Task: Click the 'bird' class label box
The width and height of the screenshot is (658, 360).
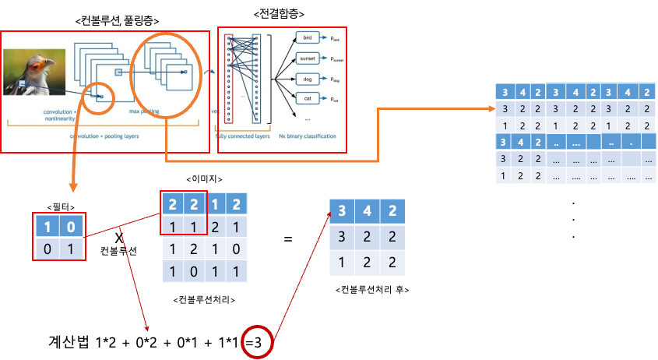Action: coord(308,37)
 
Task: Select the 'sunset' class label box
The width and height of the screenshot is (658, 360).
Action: coord(308,58)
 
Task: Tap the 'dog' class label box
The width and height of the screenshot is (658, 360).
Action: coord(308,79)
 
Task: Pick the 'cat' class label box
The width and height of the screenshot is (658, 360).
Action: coord(308,99)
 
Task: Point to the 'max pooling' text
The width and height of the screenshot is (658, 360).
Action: coord(146,112)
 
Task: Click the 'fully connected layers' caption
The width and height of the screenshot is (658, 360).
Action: coord(242,136)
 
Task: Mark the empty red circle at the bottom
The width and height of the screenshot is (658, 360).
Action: coord(257,342)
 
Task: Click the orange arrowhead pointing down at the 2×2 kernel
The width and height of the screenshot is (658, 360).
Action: coord(73,187)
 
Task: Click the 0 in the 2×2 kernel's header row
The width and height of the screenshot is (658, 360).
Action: coord(71,227)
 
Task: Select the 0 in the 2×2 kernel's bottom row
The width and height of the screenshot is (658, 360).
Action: coord(48,249)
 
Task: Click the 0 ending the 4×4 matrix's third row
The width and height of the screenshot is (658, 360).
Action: coord(234,249)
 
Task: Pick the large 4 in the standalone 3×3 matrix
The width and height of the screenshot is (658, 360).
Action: coord(367,211)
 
